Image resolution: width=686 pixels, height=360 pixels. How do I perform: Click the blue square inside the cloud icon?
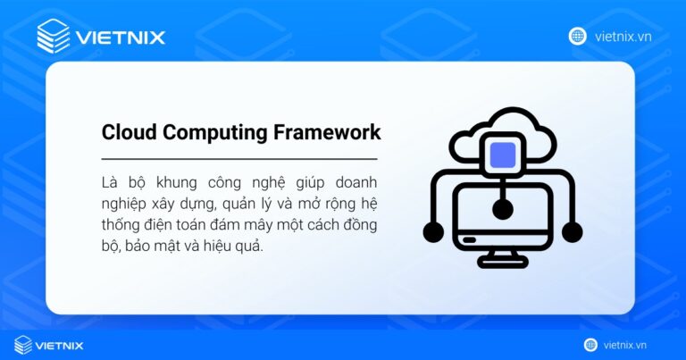point(503,155)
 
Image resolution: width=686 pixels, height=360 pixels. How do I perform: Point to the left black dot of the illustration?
point(433,232)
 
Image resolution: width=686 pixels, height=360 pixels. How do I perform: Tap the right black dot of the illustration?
point(572,232)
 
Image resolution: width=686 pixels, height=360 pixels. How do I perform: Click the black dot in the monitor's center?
point(503,210)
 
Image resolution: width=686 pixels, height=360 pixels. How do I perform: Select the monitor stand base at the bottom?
point(503,262)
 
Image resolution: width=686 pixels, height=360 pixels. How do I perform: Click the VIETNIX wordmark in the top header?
point(120,38)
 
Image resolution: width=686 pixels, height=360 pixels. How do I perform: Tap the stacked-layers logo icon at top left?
point(54,37)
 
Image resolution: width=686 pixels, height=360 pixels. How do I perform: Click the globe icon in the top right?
point(578,36)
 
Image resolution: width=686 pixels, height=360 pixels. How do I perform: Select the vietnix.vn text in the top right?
point(622,36)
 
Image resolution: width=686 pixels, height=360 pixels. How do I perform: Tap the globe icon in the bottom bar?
point(590,345)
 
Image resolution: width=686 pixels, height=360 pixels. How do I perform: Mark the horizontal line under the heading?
point(239,158)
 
